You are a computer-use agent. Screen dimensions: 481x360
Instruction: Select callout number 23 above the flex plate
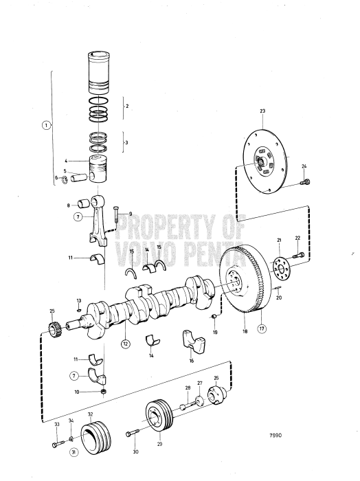[x=262, y=110]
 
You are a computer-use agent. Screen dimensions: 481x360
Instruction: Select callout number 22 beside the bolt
[x=297, y=238]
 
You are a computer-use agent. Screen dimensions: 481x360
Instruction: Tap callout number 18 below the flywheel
[x=245, y=331]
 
